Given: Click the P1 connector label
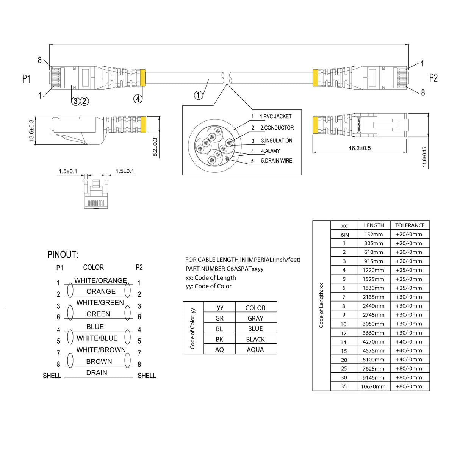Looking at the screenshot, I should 26,79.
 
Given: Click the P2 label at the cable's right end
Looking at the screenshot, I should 433,78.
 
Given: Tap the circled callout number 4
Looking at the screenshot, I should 138,99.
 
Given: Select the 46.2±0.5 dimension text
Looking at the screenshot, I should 359,148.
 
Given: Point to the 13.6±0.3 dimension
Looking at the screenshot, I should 31,131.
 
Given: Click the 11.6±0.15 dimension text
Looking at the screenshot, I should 424,157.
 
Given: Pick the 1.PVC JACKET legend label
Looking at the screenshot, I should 275,116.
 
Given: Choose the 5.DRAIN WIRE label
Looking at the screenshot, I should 276,161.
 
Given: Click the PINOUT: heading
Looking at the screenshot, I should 63,255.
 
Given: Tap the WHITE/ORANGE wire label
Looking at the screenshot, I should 100,280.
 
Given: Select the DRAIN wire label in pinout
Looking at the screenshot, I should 97,373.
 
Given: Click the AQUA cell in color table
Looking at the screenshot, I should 255,350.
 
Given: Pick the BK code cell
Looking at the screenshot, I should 219,339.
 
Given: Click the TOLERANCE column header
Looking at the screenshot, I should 410,225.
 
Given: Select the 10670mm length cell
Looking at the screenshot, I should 373,386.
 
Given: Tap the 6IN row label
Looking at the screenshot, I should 344,235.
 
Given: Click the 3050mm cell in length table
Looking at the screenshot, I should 373,324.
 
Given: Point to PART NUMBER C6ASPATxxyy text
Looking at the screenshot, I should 224,269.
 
